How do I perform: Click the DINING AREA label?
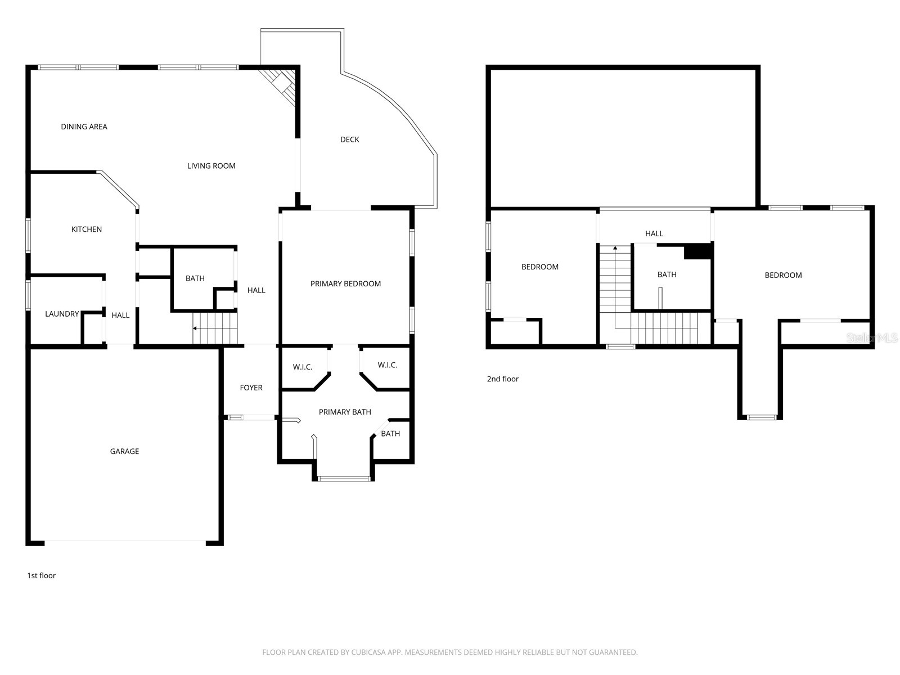84,127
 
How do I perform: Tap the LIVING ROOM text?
211,166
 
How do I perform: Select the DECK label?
349,139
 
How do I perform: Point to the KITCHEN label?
87,229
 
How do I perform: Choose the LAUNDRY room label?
62,314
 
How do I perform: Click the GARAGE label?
124,451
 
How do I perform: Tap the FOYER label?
251,388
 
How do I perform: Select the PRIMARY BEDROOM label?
345,283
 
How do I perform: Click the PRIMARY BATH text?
345,412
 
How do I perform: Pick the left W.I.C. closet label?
303,367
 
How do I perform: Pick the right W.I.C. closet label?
387,365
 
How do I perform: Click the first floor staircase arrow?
195,328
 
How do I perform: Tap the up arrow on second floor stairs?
615,248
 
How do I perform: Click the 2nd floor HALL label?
654,233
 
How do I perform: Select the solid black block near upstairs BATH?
698,251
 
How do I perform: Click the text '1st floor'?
42,575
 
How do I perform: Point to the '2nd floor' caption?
503,379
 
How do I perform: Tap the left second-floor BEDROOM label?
539,267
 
